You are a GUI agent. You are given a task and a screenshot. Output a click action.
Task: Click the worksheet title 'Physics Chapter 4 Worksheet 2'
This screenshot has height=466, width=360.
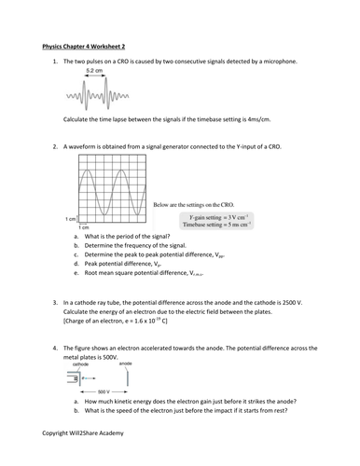(x=89, y=44)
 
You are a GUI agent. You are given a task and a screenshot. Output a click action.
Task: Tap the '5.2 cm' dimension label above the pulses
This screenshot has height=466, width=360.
(x=94, y=71)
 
